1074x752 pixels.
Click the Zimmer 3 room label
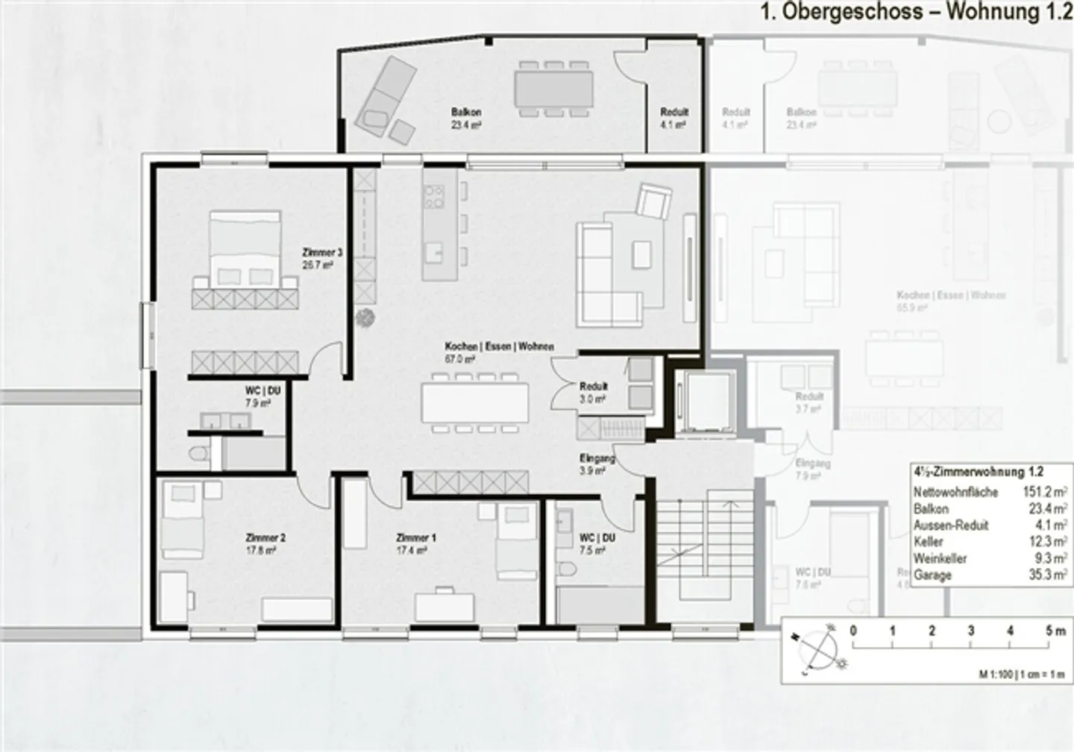point(322,258)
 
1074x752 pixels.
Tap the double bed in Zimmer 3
point(245,249)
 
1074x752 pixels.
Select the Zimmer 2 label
point(266,543)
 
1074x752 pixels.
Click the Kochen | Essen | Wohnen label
point(499,352)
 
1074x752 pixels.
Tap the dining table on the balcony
point(553,89)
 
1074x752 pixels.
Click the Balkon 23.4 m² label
point(466,119)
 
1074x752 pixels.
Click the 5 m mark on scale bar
point(1050,631)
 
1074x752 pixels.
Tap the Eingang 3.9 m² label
point(597,464)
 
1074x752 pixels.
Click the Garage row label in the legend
point(932,575)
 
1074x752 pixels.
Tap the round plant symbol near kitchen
point(365,317)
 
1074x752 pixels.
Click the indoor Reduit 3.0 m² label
point(594,392)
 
